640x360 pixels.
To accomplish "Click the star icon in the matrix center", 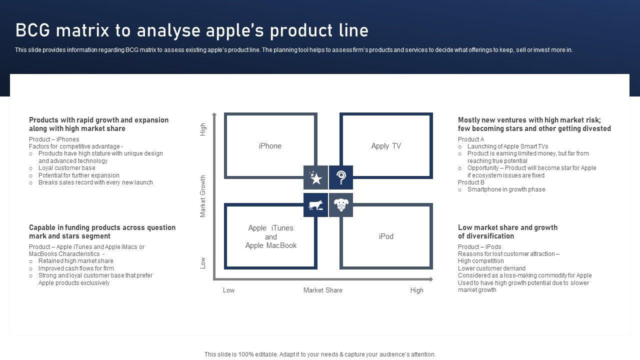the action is (315, 177).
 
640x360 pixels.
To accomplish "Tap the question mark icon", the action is (341, 177).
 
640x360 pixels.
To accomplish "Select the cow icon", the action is (315, 205).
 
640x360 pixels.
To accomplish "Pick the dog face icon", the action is (341, 205).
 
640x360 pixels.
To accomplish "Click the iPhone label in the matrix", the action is (270, 146).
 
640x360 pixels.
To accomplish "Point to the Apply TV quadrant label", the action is (386, 146).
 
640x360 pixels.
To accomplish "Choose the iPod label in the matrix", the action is (386, 236).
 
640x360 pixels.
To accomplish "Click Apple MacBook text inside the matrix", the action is (271, 245).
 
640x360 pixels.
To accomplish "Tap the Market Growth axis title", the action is (203, 196).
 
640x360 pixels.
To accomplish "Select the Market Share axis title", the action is (323, 290).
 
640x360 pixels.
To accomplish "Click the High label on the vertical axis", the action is (203, 129).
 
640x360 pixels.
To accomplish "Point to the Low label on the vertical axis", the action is (203, 263).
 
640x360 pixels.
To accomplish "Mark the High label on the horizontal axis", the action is (417, 290).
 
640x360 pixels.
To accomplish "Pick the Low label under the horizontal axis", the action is (228, 290).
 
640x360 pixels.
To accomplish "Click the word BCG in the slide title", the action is (33, 30).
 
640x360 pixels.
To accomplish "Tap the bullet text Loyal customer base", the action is (66, 168).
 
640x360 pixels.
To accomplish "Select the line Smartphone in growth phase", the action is (506, 189).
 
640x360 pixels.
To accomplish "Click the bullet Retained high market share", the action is (75, 261).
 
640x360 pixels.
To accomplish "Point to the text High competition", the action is (481, 261).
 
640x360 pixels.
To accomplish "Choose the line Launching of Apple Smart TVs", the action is (507, 146).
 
